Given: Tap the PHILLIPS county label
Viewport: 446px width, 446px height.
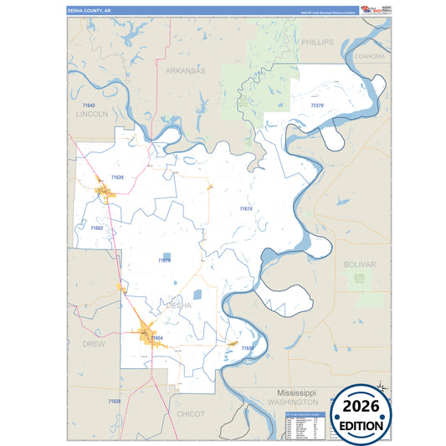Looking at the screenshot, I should (x=317, y=41).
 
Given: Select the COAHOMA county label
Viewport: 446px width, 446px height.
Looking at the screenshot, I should (x=370, y=56).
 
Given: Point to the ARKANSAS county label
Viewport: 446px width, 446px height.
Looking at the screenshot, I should (x=185, y=71).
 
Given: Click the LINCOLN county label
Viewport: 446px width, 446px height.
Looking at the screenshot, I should (x=92, y=113).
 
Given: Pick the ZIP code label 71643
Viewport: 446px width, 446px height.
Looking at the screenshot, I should (x=90, y=105).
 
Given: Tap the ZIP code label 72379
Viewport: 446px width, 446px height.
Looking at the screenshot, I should (x=317, y=106).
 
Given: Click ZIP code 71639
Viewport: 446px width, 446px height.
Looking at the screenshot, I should (x=116, y=177).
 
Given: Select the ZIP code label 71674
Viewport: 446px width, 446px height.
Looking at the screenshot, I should (x=245, y=208).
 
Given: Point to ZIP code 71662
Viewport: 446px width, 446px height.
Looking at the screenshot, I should (x=96, y=228).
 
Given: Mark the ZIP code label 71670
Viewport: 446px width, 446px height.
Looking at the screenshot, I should (x=165, y=260).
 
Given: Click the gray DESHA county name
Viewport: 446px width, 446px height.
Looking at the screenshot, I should (x=179, y=305).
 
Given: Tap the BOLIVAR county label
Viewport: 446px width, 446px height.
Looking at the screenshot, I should (x=360, y=264).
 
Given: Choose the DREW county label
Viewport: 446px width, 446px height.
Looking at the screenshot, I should (x=92, y=344).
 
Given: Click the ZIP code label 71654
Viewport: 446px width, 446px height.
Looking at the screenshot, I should (x=156, y=337).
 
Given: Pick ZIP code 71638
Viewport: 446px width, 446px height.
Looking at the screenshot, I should (x=115, y=402).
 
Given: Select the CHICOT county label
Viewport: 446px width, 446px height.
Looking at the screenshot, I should (x=191, y=413).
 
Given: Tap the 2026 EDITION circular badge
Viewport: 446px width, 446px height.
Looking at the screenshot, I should (x=362, y=416).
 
